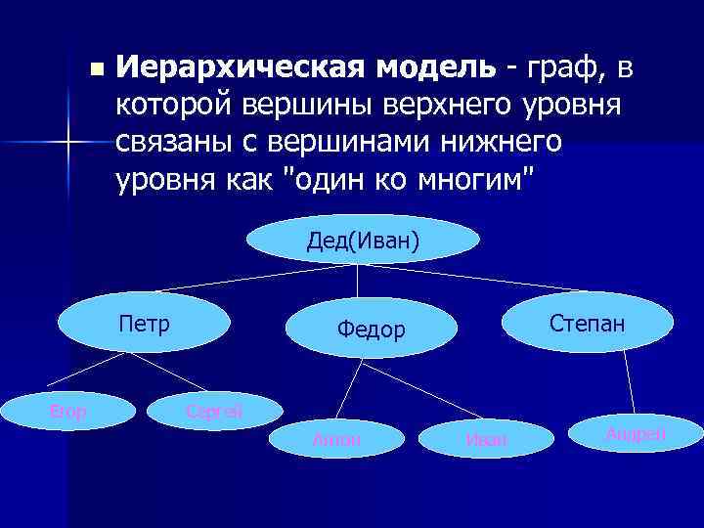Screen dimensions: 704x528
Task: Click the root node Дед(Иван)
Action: tap(363, 241)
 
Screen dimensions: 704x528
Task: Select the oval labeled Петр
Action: tap(144, 324)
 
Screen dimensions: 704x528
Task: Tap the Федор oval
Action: tap(371, 330)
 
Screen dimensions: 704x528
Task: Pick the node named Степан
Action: tap(587, 323)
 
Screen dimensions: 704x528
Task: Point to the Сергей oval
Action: tap(214, 410)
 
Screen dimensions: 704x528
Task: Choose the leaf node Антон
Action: tap(336, 440)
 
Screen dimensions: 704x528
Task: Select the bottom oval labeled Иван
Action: tap(486, 440)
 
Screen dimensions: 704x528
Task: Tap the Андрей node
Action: tap(636, 433)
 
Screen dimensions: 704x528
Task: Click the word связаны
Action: tap(180, 142)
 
